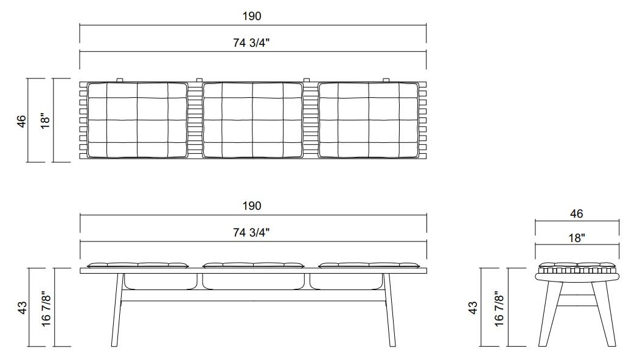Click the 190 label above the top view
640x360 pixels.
tap(252, 16)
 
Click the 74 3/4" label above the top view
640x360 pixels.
tap(252, 43)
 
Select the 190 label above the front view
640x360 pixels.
tap(252, 206)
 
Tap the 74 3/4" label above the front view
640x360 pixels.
tap(252, 232)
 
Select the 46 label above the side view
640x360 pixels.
tap(576, 213)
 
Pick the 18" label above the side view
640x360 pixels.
tap(576, 238)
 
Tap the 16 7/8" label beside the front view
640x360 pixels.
tap(46, 308)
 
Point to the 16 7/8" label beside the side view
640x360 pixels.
tap(499, 308)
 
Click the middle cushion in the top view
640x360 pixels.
tap(252, 120)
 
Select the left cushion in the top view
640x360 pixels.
tap(137, 120)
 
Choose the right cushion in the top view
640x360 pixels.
tap(369, 120)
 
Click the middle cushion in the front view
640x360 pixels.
tap(252, 265)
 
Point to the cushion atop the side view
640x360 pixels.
tap(577, 266)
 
